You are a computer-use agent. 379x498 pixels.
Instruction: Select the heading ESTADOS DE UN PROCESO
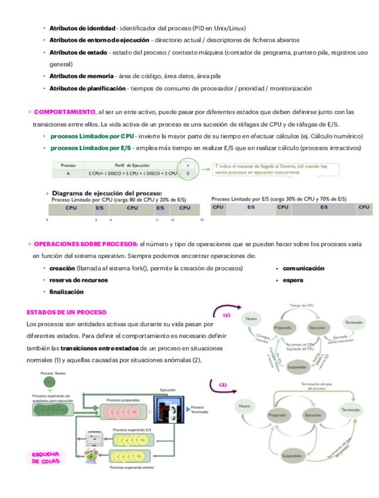pos(57,311)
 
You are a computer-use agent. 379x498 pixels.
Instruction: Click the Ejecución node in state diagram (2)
pos(312,415)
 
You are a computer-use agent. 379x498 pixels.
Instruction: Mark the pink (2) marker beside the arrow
pos(222,385)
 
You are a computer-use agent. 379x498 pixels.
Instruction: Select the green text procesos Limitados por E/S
pos(89,147)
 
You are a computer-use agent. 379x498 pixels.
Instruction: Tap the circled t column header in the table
pos(187,166)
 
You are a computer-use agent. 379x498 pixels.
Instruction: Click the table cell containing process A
pos(68,174)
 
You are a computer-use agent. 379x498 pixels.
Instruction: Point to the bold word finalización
pos(66,291)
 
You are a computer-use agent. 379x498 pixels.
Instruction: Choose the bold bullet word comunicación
pos(303,268)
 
